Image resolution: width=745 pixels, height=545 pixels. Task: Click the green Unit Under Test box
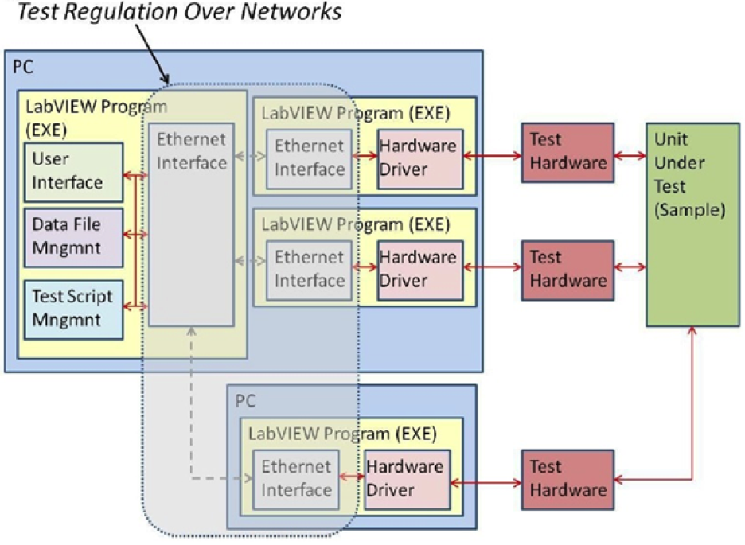(691, 224)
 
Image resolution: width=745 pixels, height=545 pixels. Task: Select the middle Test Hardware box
(568, 269)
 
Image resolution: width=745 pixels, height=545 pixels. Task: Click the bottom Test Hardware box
(568, 479)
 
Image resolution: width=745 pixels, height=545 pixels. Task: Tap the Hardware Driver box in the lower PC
(404, 479)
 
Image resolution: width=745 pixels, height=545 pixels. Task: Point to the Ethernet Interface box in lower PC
(295, 479)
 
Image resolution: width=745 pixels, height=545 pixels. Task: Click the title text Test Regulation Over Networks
(180, 13)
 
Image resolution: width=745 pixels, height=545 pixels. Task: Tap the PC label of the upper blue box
(24, 66)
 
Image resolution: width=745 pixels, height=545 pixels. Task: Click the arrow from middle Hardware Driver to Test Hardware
(492, 268)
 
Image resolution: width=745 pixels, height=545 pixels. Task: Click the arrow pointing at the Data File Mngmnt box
(135, 235)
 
